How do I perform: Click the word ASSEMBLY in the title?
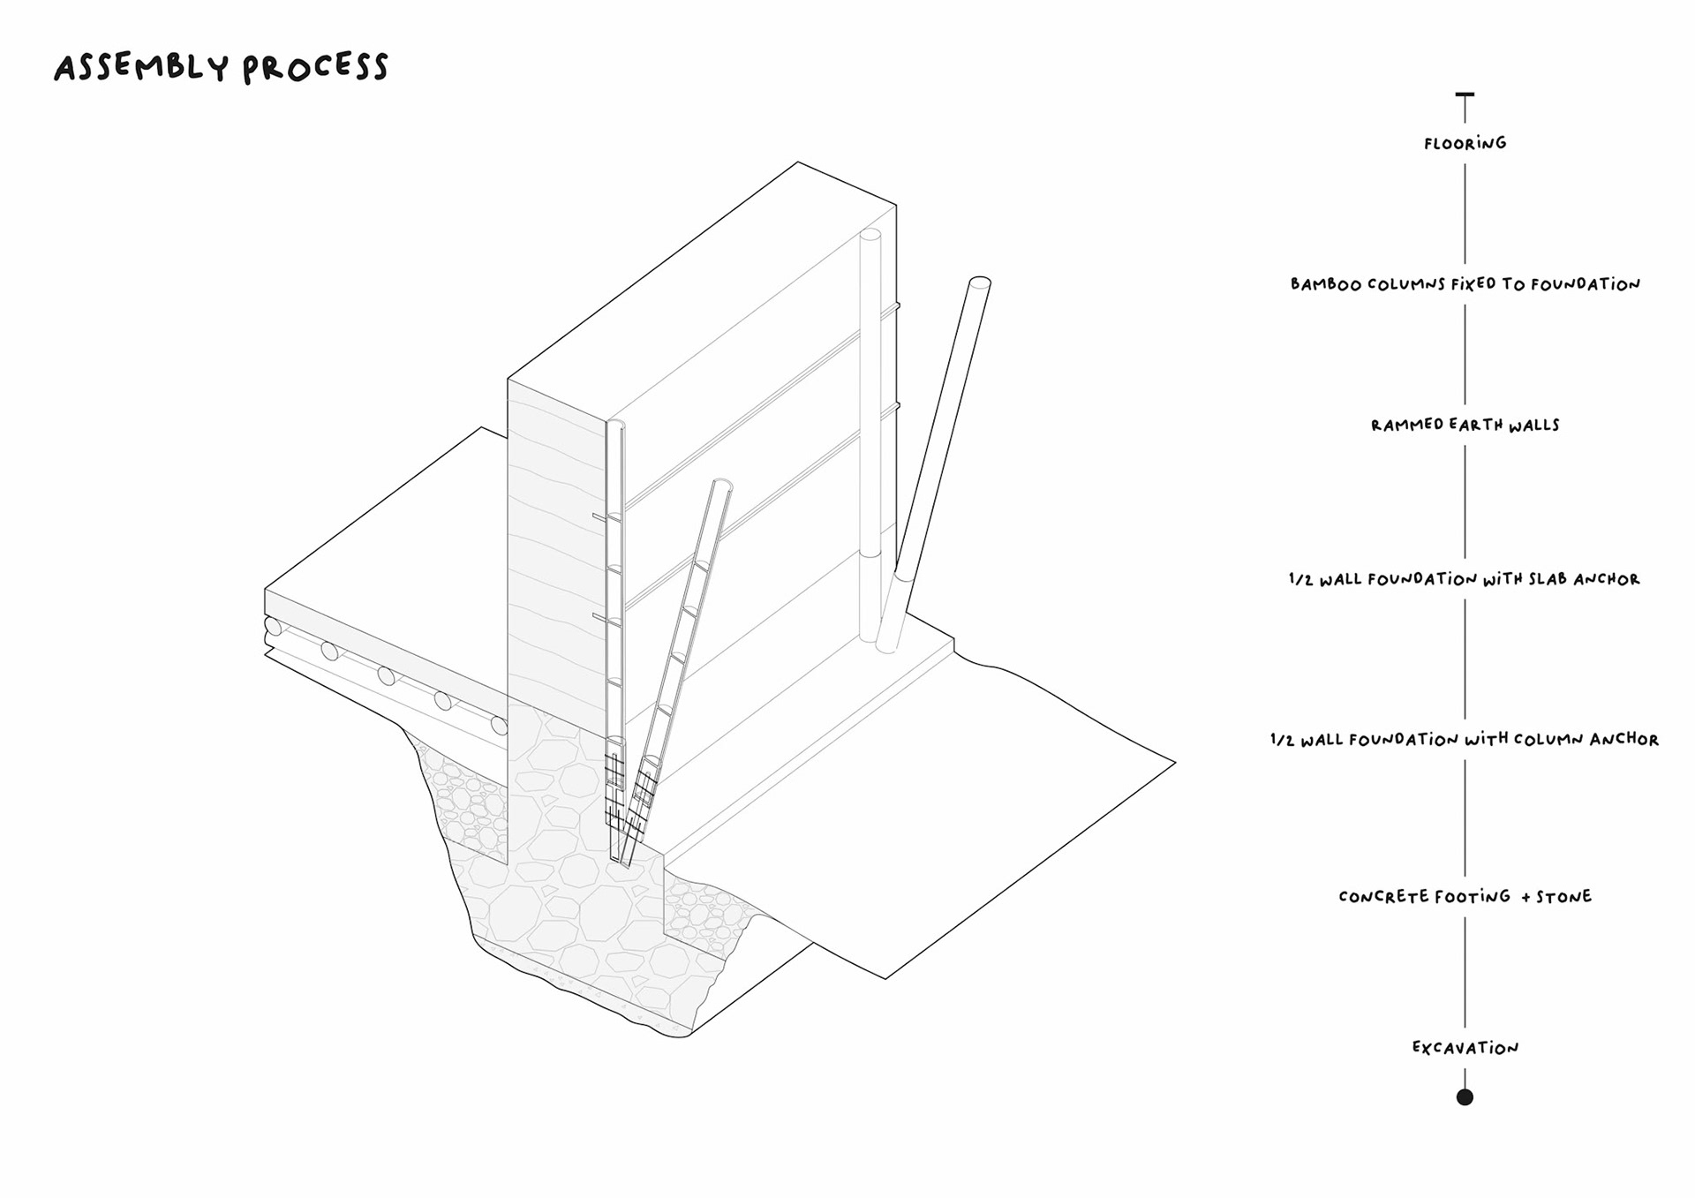(x=141, y=68)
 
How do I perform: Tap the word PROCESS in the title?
(x=315, y=68)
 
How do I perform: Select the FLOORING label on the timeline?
(x=1465, y=143)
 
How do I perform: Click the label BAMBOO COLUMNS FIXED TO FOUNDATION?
(x=1465, y=284)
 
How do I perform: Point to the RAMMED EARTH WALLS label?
(x=1465, y=425)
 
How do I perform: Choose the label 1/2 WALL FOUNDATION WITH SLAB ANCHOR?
(x=1464, y=579)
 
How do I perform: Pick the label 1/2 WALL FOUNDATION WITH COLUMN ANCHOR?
(x=1464, y=739)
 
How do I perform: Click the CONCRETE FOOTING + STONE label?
(x=1465, y=897)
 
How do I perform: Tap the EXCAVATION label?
(x=1465, y=1048)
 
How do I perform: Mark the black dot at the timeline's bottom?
(x=1465, y=1097)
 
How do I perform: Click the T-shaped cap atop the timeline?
(x=1465, y=95)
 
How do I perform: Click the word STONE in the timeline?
(x=1563, y=897)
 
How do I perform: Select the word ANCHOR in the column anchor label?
(x=1624, y=739)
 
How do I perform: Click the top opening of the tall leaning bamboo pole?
(x=979, y=283)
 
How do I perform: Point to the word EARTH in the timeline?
(x=1474, y=425)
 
